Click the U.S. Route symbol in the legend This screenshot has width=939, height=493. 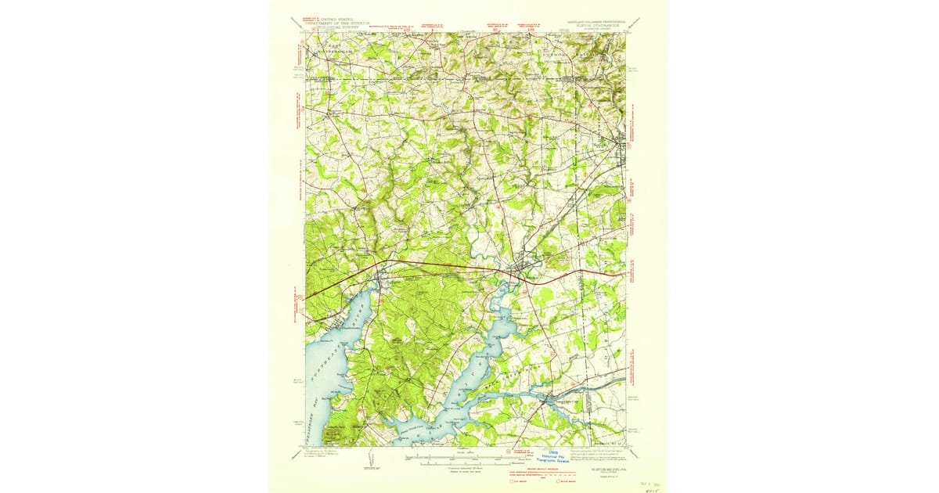point(522,480)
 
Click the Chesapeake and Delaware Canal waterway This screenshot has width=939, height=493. point(595,387)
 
